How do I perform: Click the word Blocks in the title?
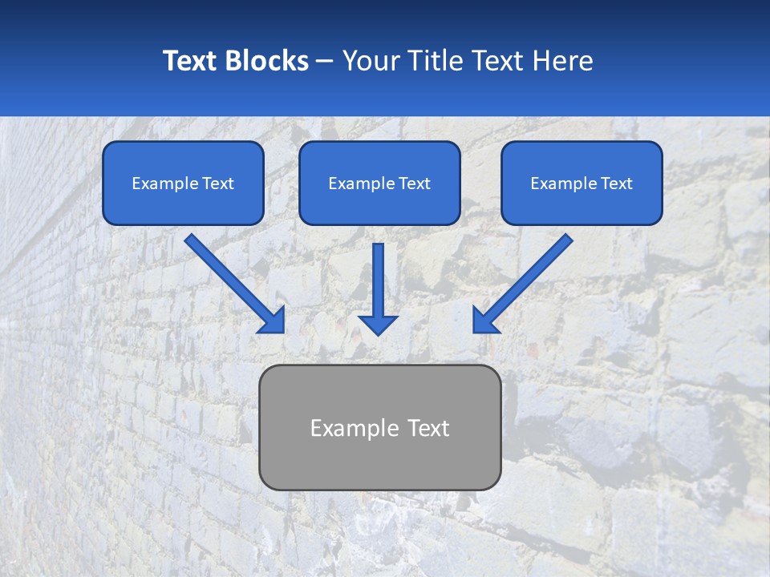click(x=267, y=61)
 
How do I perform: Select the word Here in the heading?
click(x=561, y=61)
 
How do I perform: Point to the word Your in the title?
click(x=370, y=61)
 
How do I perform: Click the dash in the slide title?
click(x=325, y=62)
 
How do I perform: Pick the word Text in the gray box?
click(x=428, y=428)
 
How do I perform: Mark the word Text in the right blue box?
click(x=615, y=184)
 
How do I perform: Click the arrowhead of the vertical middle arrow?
click(x=378, y=324)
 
